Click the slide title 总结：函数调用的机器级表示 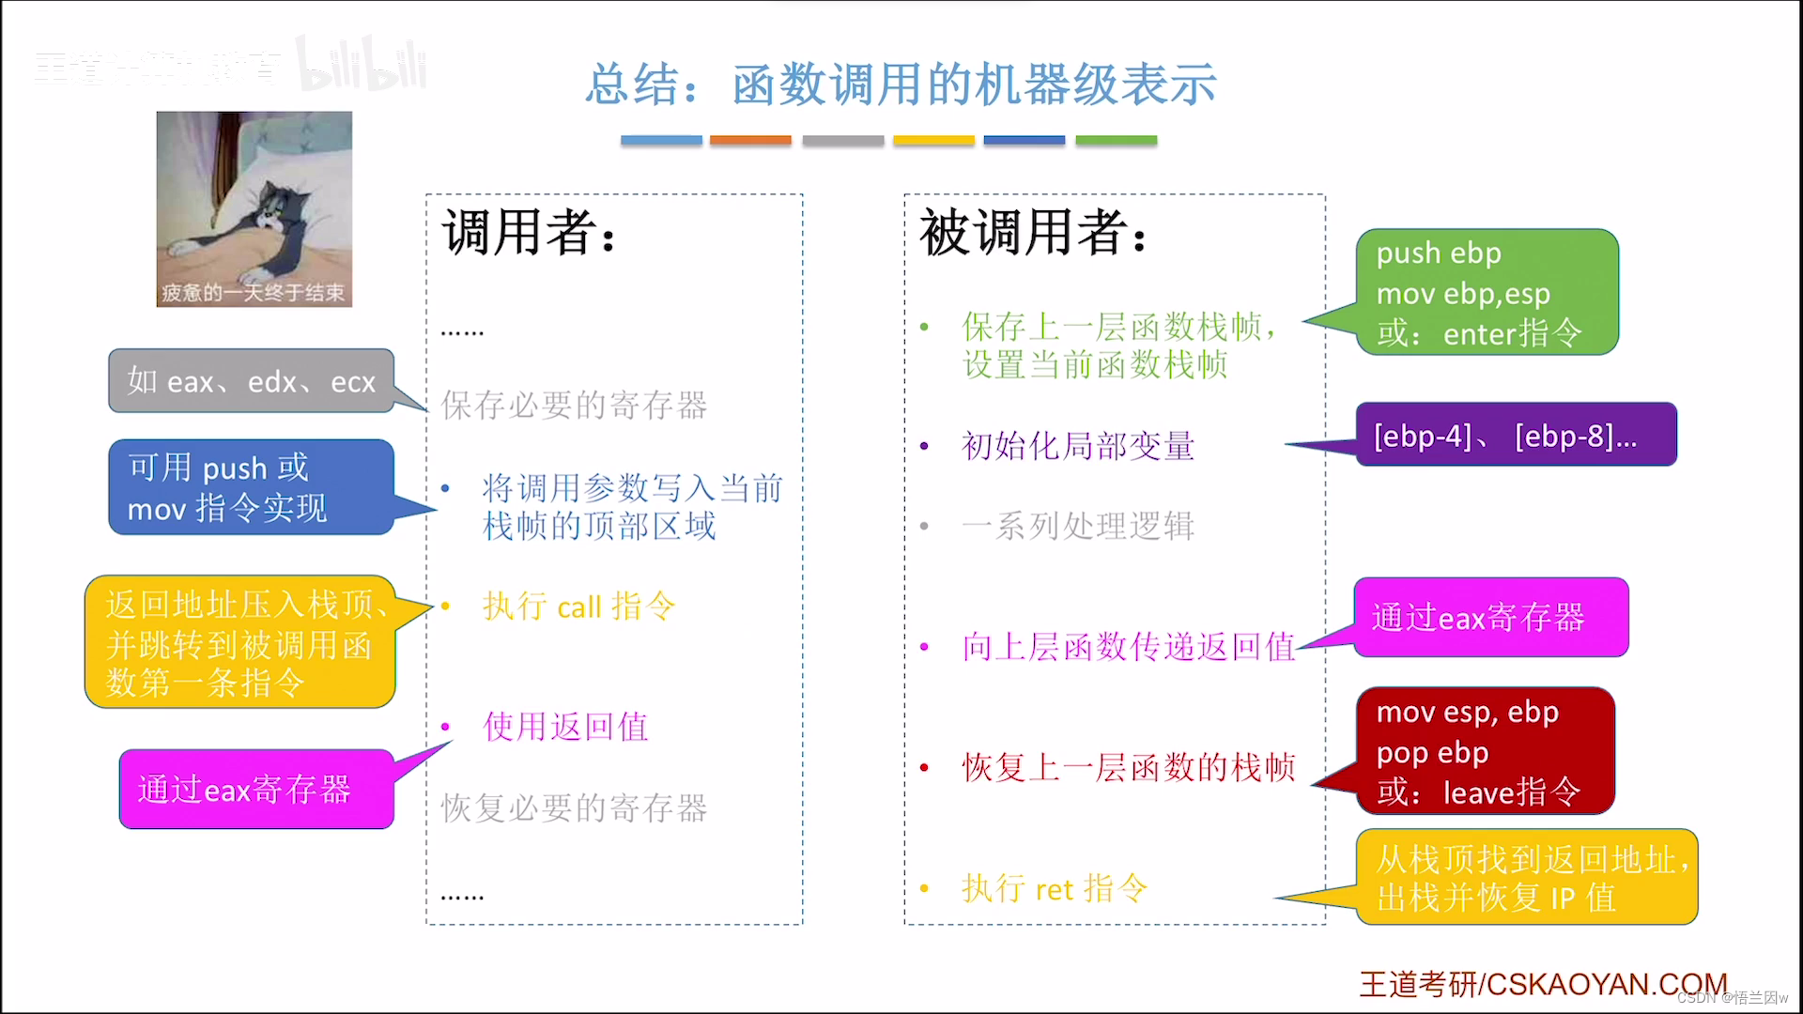pos(901,84)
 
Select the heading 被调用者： pos(1034,232)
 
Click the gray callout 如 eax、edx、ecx pos(251,381)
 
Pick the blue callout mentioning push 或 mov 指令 pos(251,487)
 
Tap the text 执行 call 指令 pos(578,607)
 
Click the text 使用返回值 pos(565,727)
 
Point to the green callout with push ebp pos(1487,292)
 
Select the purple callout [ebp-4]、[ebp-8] pos(1516,435)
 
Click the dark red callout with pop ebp pos(1485,751)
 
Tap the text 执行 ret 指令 pos(1055,888)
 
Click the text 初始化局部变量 pos(1078,446)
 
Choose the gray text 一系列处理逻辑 pos(1078,527)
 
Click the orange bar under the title pos(750,140)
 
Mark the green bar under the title pos(1116,140)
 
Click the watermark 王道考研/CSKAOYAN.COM pos(1543,984)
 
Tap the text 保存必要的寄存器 pos(574,406)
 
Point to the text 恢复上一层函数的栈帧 pos(1129,768)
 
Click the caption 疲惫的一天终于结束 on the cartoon pos(254,293)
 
